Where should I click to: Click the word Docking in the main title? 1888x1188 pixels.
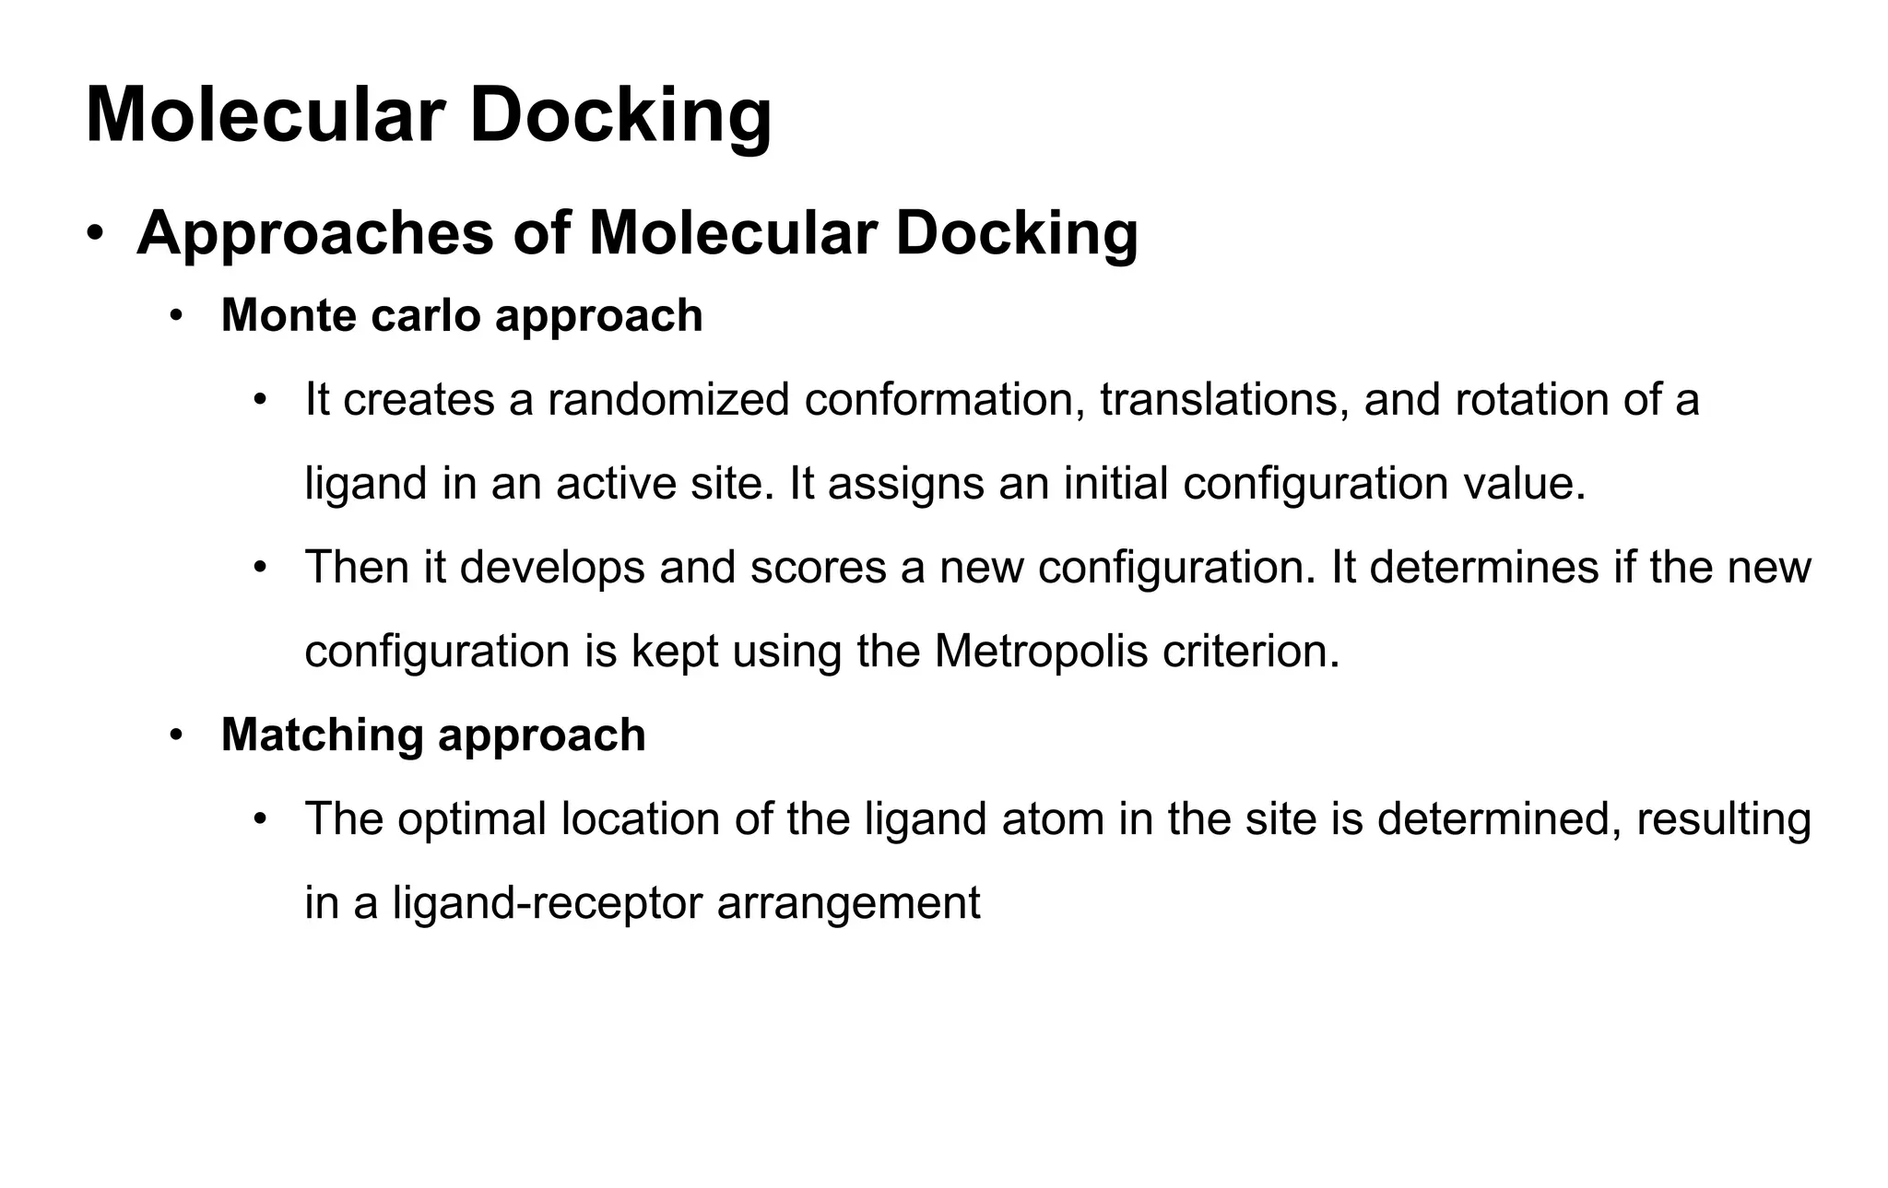[620, 115]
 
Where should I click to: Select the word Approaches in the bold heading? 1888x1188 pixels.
[314, 233]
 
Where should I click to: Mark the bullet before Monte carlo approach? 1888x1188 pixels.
[176, 316]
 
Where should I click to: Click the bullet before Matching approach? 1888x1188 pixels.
[176, 735]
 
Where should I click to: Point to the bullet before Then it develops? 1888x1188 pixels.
[261, 568]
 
